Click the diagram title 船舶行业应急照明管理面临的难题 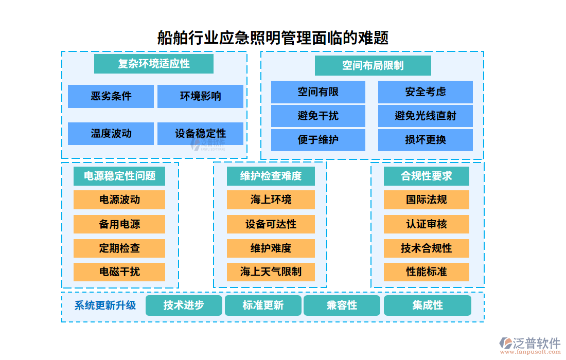click(x=273, y=38)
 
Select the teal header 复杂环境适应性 click(x=154, y=64)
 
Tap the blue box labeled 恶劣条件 click(x=111, y=96)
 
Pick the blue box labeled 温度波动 click(x=111, y=134)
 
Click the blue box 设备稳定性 click(x=200, y=134)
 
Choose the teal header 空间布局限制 click(x=373, y=66)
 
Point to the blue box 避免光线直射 click(x=425, y=116)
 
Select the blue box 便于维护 click(x=318, y=140)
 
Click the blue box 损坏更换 click(x=425, y=140)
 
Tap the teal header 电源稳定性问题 click(x=119, y=176)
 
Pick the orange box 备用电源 click(x=119, y=224)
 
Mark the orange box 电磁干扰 click(x=119, y=272)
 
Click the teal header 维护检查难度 click(x=271, y=176)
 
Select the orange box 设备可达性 click(x=271, y=224)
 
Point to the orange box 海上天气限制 click(x=271, y=272)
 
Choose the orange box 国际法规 click(x=426, y=200)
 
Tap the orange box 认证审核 click(x=426, y=224)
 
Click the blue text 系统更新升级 click(x=105, y=305)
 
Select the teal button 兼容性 click(x=342, y=305)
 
